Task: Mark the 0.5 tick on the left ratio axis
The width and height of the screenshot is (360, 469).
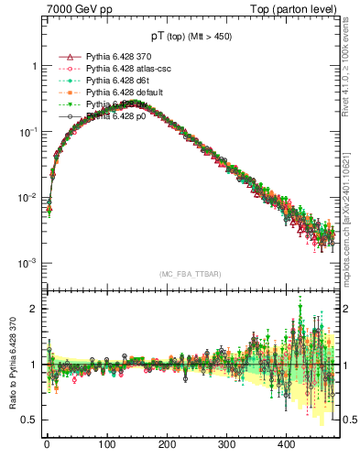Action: (31, 420)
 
